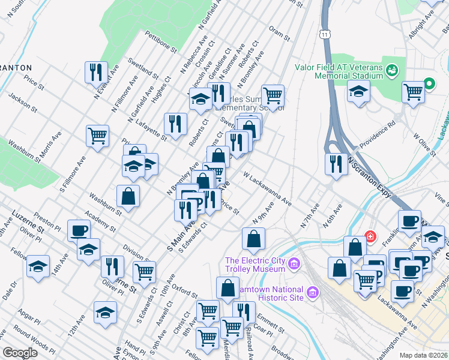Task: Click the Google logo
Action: pyautogui.click(x=20, y=353)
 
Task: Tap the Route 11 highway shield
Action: pyautogui.click(x=325, y=37)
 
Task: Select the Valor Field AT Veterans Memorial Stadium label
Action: pyautogui.click(x=338, y=71)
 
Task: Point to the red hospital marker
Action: pyautogui.click(x=370, y=236)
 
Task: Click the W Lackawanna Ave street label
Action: pyautogui.click(x=267, y=189)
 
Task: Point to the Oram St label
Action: pyautogui.click(x=280, y=33)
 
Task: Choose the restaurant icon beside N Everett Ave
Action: pyautogui.click(x=96, y=73)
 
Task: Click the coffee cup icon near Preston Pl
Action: pyautogui.click(x=79, y=231)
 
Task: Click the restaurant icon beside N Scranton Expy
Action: pyautogui.click(x=336, y=164)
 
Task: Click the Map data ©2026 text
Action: pyautogui.click(x=424, y=355)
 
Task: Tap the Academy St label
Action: pyautogui.click(x=99, y=223)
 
